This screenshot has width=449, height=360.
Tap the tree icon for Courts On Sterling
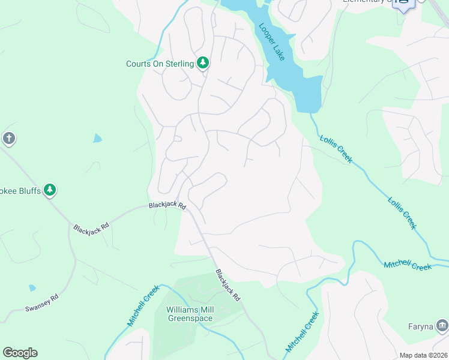coord(203,63)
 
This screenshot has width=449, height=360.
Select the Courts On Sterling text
coord(160,64)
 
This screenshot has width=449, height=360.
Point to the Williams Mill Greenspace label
coord(190,314)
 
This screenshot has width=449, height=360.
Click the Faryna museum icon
coord(442,326)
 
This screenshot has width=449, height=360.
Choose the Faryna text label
coord(420,326)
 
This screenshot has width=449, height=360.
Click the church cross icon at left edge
coord(8,139)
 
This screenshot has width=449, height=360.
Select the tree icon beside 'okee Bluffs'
coord(50,191)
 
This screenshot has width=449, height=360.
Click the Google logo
coord(20,353)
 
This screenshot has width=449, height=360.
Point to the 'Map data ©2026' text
coord(423,355)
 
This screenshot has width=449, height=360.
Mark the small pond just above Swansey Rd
coord(32,288)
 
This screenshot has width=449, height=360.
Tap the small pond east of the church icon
coord(97,139)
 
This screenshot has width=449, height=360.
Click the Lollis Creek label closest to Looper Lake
coord(336,149)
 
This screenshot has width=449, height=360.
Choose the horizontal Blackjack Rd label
coord(167,205)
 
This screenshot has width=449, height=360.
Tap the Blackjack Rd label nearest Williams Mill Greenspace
coord(228,285)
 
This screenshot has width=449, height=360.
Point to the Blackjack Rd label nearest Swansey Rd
coord(91,228)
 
